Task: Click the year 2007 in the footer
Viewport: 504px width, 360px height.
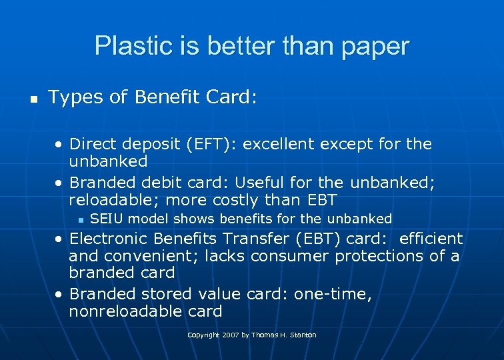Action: click(229, 335)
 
